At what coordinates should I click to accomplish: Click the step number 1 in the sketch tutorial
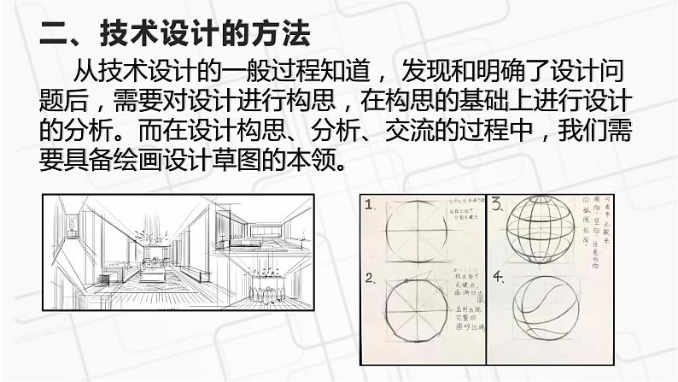[371, 206]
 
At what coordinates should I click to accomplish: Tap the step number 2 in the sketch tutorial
[371, 279]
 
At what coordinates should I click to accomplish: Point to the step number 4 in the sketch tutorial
[498, 277]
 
